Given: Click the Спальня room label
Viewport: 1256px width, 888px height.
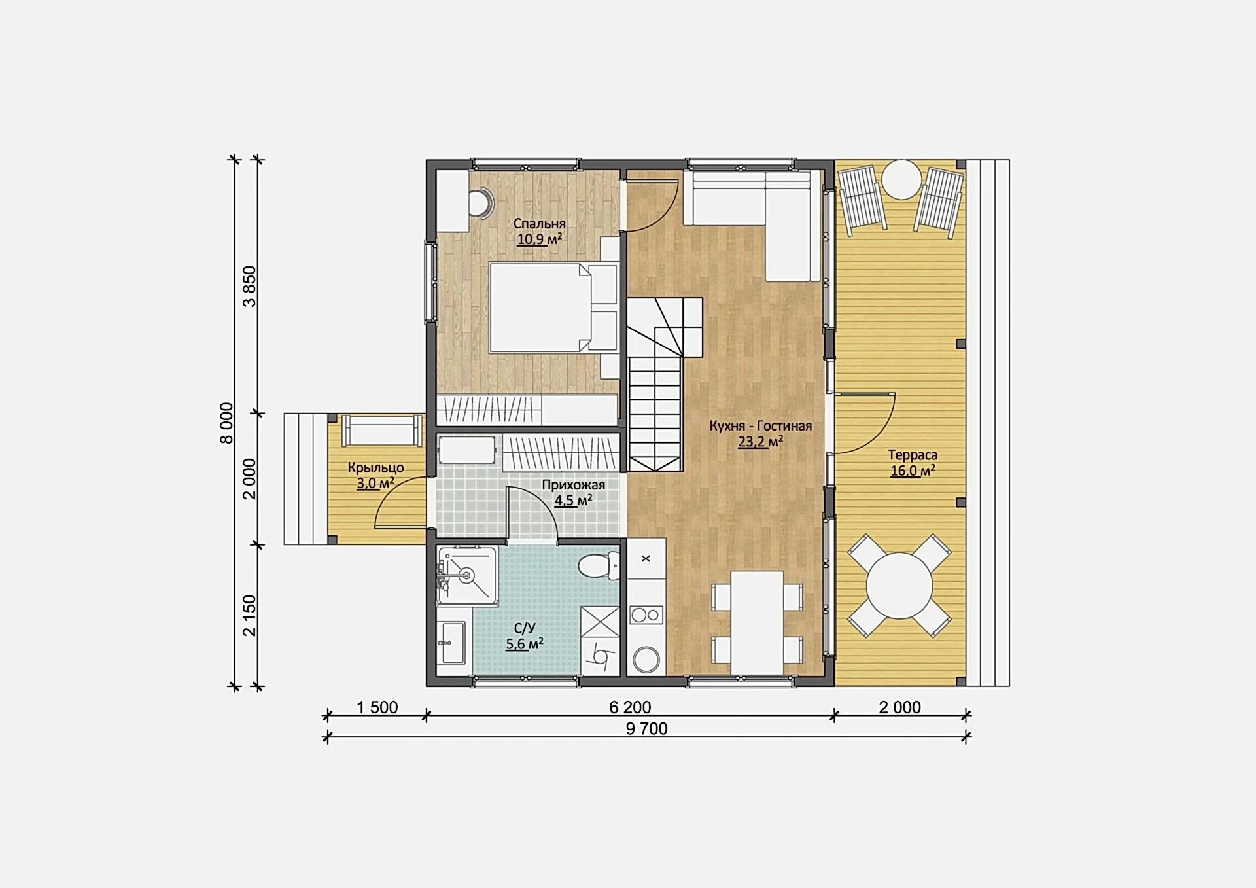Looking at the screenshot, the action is pos(539,224).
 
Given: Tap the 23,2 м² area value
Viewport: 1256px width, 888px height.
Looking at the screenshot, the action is pos(760,442).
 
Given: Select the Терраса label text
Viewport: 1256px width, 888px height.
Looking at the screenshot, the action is pos(913,455).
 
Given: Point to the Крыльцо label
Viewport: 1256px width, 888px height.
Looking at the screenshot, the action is pos(375,468).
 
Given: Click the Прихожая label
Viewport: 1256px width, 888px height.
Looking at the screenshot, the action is pos(573,485).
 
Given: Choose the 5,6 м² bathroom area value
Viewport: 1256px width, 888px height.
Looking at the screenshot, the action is pos(525,644).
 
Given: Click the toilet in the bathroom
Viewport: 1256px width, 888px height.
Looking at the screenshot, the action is pos(599,565).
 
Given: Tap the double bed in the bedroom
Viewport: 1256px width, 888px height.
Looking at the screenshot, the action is pos(553,308).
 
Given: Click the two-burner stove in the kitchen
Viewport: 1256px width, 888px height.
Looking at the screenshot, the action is pos(646,615).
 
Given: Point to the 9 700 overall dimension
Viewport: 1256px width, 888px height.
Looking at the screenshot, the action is pos(646,728).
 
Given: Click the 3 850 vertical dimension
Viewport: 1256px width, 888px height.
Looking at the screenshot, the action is pos(249,286).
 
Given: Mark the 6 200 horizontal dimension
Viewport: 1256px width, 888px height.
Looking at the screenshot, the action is pos(630,707).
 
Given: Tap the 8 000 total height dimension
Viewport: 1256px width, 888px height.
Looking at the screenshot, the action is pos(226,423).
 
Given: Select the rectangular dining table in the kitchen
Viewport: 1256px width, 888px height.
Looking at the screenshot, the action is pos(757,622).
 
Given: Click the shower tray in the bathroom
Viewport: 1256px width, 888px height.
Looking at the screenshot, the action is pos(466,575).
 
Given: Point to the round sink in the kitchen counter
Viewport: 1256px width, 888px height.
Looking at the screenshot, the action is pos(646,659).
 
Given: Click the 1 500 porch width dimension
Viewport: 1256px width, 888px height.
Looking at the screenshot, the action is pos(377,707).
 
